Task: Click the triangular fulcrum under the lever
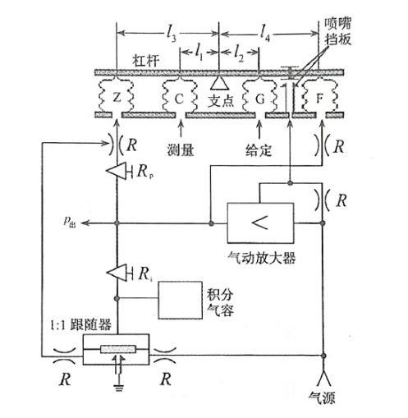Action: pos(219,83)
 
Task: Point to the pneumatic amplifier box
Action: pos(260,223)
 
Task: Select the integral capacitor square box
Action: pos(181,300)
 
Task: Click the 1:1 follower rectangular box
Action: pos(116,350)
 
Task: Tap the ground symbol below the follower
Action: pos(119,388)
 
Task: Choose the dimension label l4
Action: pos(265,33)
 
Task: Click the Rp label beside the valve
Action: pos(145,172)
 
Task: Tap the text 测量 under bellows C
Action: pos(181,150)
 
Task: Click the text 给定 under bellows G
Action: pos(259,150)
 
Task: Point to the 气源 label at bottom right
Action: pos(322,398)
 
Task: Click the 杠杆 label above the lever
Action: pos(145,61)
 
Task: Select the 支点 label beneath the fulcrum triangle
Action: pos(221,100)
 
